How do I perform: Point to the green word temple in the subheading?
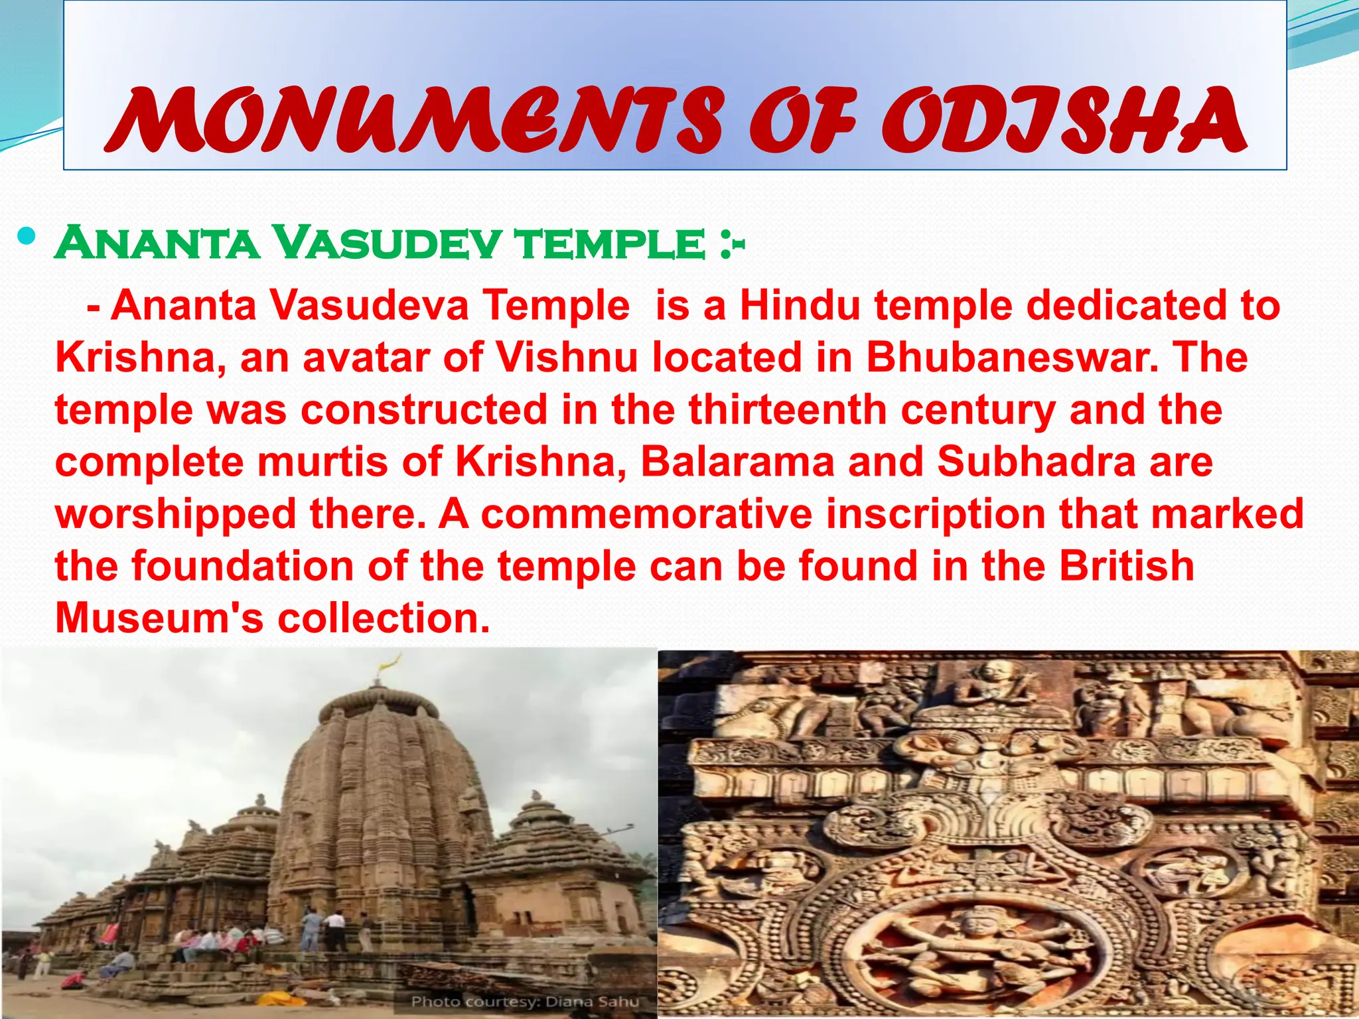(610, 244)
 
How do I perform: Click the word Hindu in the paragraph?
(800, 306)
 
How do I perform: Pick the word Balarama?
(737, 462)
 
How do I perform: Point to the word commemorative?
(647, 514)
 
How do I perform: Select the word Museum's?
(159, 618)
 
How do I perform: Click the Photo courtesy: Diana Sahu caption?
(524, 1001)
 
